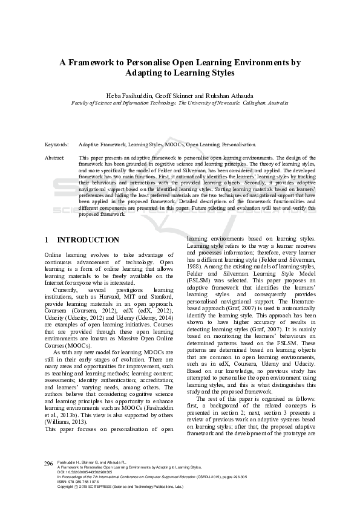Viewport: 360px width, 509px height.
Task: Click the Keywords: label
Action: point(57,145)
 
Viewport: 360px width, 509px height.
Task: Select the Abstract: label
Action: point(55,157)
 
